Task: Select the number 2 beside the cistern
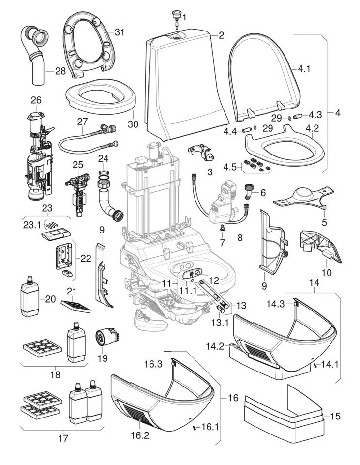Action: (221, 35)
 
